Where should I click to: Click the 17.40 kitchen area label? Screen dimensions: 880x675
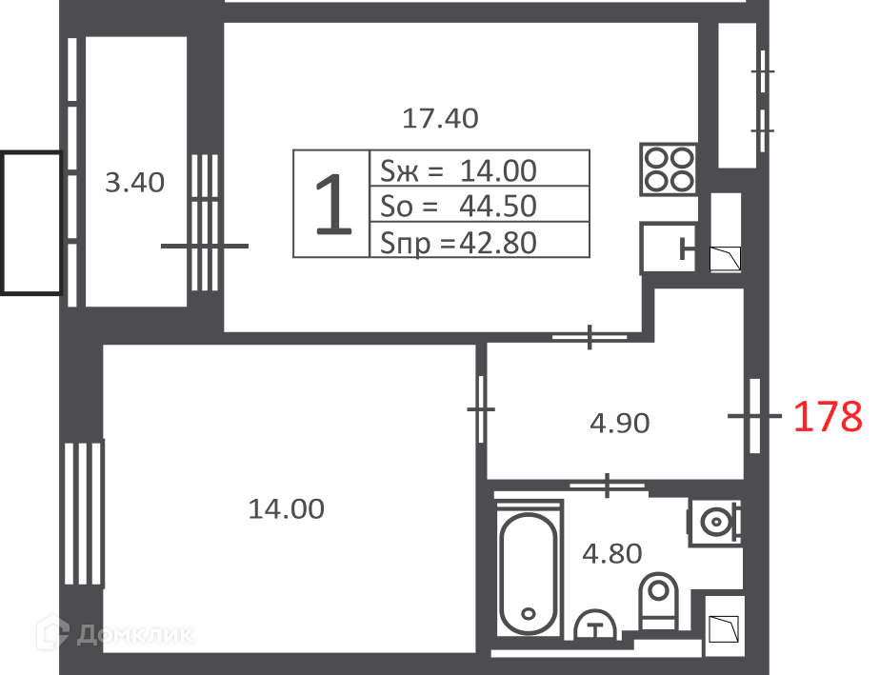click(441, 118)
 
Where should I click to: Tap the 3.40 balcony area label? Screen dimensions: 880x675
click(134, 183)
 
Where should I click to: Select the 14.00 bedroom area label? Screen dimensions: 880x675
click(287, 509)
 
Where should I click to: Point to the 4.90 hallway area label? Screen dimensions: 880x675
click(620, 423)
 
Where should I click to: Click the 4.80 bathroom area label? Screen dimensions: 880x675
click(611, 554)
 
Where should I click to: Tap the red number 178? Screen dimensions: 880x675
click(828, 416)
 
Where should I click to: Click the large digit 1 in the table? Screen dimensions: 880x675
click(333, 205)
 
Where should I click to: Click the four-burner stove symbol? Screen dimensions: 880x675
click(669, 169)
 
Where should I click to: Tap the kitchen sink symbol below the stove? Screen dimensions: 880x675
click(669, 248)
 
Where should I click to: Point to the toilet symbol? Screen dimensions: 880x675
click(658, 602)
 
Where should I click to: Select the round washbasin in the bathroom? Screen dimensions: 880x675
click(715, 523)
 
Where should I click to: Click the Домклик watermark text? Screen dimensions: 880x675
click(135, 635)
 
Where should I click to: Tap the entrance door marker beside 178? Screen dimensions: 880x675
click(755, 416)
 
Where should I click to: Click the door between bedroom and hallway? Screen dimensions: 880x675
click(481, 409)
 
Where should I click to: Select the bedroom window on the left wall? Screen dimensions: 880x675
click(83, 513)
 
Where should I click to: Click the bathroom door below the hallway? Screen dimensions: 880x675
click(608, 486)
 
